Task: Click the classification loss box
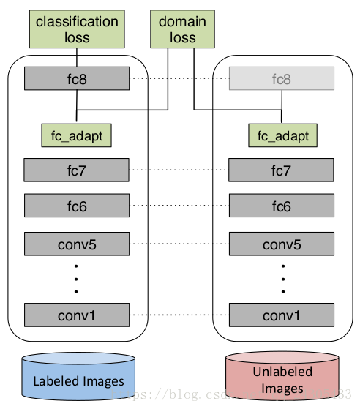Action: (x=77, y=29)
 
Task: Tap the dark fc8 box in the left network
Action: (x=77, y=78)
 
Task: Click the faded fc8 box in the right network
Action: (x=282, y=78)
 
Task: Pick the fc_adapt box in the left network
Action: (x=77, y=135)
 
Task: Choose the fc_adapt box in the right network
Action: (x=282, y=135)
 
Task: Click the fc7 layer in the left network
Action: (x=77, y=170)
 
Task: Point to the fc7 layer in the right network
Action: (x=282, y=170)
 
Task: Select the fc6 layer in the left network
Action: (x=77, y=206)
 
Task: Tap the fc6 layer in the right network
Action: (x=282, y=206)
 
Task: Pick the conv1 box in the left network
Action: (x=77, y=315)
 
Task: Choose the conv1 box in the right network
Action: (x=282, y=315)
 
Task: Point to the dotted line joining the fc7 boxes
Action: (x=179, y=170)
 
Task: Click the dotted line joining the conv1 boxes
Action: (x=179, y=315)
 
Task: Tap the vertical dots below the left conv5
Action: (x=77, y=279)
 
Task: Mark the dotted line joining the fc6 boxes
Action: (x=179, y=206)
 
